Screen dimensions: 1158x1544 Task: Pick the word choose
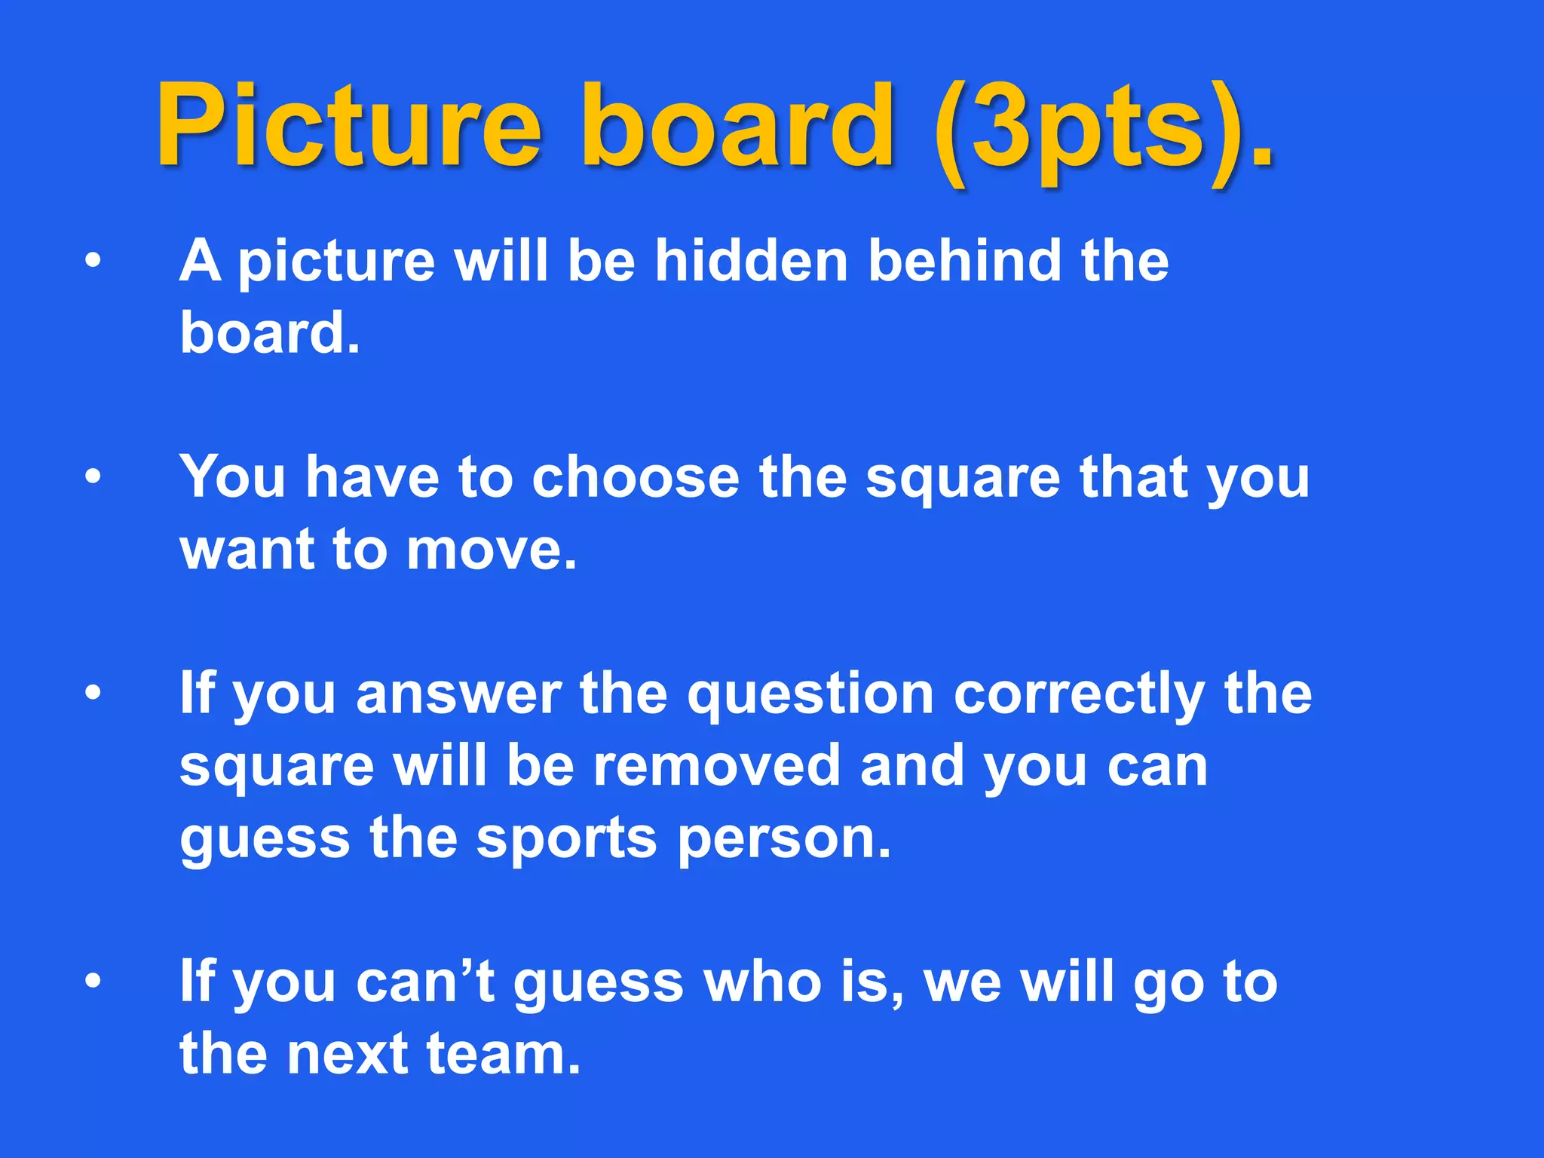[x=636, y=477]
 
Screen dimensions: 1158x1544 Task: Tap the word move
[x=492, y=550]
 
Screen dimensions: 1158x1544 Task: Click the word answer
[x=458, y=694]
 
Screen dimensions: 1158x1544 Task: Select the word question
[x=810, y=694]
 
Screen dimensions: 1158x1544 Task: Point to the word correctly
[x=1079, y=694]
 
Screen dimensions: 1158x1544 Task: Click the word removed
[x=716, y=766]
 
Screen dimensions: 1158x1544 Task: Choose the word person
[x=784, y=838]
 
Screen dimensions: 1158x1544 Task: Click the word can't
[x=425, y=982]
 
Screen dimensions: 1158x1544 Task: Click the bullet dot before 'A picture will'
[x=93, y=261]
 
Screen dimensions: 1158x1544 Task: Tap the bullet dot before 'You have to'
[x=93, y=477]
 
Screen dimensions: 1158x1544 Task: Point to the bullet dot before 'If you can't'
[x=93, y=982]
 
